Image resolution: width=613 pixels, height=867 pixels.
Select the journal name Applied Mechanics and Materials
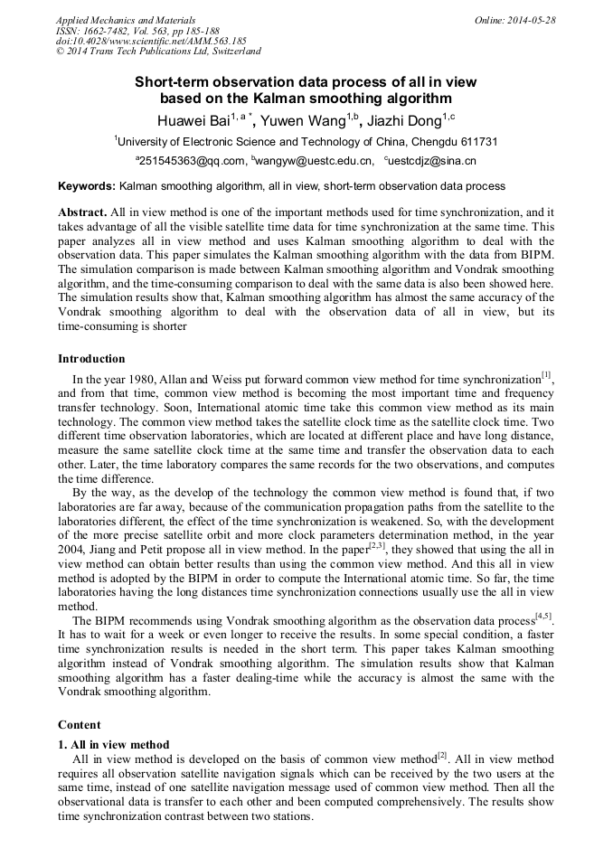126,20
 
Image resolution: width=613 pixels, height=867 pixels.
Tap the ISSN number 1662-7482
116,31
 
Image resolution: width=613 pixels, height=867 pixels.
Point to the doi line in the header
151,42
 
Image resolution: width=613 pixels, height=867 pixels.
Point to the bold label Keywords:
87,186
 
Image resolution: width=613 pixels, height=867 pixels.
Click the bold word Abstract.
81,212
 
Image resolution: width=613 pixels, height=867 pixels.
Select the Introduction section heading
95,359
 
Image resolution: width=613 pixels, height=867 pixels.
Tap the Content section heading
80,725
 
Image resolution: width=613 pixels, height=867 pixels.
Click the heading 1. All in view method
114,743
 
